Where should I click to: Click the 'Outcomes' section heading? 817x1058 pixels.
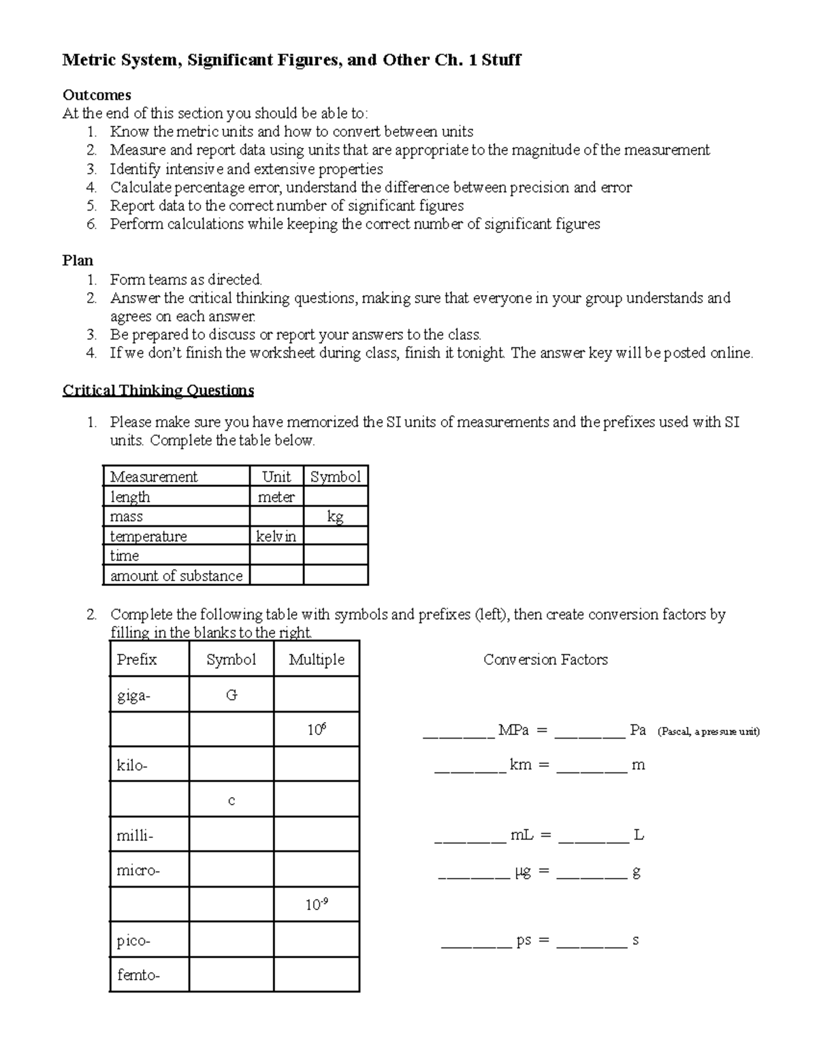tap(97, 95)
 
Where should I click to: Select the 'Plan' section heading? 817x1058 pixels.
tap(78, 260)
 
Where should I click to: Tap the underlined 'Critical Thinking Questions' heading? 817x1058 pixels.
tap(158, 390)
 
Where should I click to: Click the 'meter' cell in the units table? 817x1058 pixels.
tap(276, 497)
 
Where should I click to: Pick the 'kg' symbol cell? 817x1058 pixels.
tap(335, 516)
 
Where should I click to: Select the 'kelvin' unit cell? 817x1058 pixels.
tap(276, 536)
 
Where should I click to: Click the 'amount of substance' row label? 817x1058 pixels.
tap(176, 576)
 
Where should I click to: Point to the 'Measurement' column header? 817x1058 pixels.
tap(154, 477)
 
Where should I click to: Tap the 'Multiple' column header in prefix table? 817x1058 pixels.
tap(317, 659)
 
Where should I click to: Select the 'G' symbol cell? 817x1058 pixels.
tap(231, 696)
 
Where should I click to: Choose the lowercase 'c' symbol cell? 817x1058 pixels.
tap(231, 800)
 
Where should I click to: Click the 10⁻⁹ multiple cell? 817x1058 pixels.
tap(317, 905)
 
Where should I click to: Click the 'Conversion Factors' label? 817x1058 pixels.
tap(545, 659)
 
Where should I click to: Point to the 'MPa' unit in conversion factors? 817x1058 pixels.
tap(513, 730)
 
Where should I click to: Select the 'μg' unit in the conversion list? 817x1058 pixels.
tap(522, 871)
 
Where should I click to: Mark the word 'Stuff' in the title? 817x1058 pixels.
tap(501, 60)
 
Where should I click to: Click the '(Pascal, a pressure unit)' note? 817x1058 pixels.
tap(708, 732)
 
